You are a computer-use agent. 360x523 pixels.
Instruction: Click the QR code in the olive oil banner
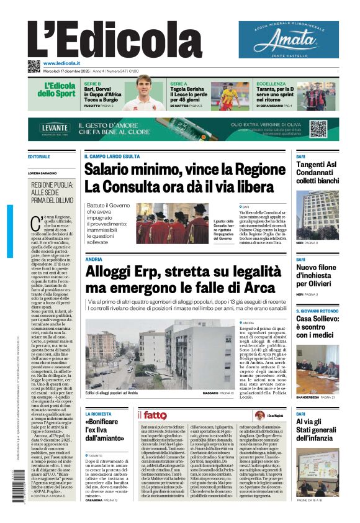coord(318,129)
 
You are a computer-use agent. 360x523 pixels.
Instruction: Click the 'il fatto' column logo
coord(152,414)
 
